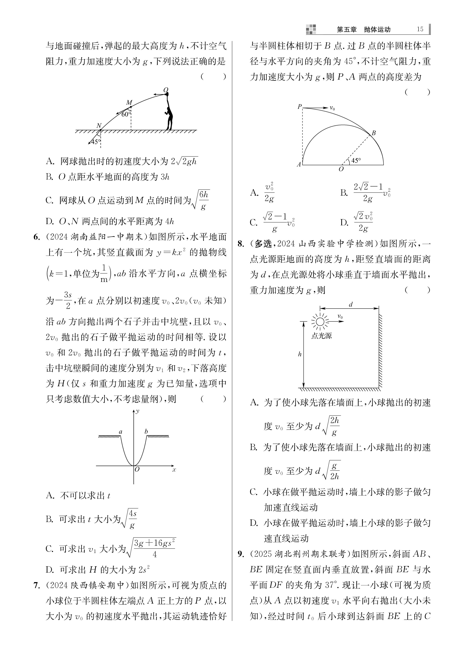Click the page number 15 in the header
[420, 29]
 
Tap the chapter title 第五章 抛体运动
[363, 29]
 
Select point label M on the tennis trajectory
[129, 103]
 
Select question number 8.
[241, 244]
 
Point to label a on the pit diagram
[120, 432]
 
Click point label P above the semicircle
[299, 107]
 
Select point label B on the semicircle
[373, 133]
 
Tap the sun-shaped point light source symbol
[320, 322]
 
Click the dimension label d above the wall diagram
[351, 305]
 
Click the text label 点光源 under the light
[321, 336]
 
